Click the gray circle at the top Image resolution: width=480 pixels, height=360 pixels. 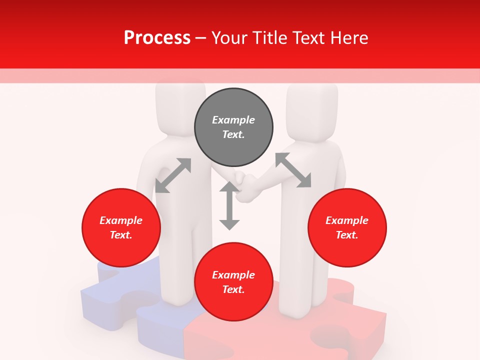pos(233,127)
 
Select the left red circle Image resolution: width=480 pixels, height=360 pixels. pos(121,228)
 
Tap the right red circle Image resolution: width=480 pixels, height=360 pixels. pos(347,228)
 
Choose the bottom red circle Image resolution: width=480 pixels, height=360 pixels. pos(233,282)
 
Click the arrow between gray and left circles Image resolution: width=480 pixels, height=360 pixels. pos(173,175)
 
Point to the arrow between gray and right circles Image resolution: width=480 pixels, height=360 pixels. pos(293,170)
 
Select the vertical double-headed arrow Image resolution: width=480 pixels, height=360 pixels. pos(229,205)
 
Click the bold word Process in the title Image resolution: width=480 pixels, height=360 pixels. pos(157,37)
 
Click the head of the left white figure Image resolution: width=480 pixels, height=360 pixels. pos(180,102)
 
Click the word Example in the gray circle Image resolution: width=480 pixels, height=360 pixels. pos(233,120)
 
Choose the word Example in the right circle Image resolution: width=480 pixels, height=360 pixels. pos(347,220)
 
